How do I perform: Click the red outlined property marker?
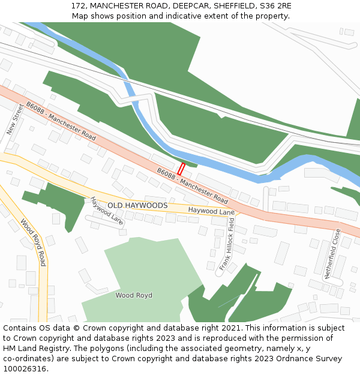point(181,169)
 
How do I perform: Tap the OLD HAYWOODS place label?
point(137,205)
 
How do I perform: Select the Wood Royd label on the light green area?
point(134,295)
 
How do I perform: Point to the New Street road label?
point(15,119)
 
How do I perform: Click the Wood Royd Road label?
point(34,242)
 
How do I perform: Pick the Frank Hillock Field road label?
point(226,244)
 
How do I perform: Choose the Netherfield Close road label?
point(332,253)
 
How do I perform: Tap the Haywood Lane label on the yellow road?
point(211,211)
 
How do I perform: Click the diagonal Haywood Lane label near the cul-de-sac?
point(107,211)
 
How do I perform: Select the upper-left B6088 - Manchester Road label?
point(61,121)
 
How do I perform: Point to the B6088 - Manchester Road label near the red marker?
point(193,185)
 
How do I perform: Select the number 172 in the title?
point(78,5)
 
